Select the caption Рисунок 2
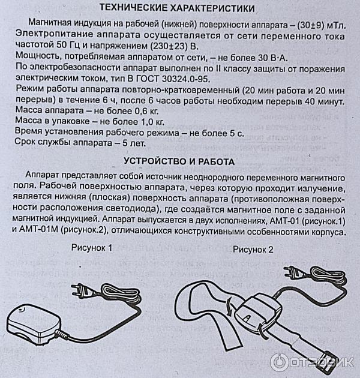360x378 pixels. tap(253, 250)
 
